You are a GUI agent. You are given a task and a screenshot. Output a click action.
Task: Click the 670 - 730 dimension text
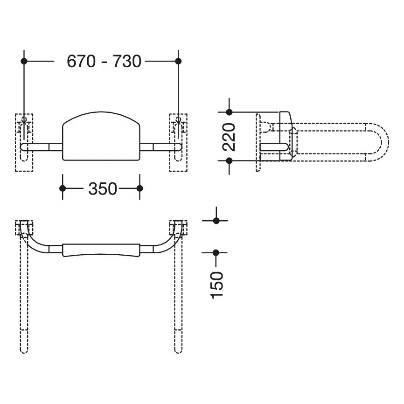pyautogui.click(x=104, y=61)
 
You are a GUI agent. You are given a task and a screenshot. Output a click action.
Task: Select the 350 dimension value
pyautogui.click(x=103, y=188)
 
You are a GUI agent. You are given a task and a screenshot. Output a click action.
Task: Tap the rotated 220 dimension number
pyautogui.click(x=229, y=137)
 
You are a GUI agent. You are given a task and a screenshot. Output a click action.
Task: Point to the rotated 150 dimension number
pyautogui.click(x=216, y=285)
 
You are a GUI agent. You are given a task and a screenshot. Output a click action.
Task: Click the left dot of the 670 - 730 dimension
pyautogui.click(x=24, y=61)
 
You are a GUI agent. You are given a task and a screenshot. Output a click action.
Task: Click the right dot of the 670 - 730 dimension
pyautogui.click(x=178, y=61)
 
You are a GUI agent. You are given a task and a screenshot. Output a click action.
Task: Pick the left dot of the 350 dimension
pyautogui.click(x=63, y=188)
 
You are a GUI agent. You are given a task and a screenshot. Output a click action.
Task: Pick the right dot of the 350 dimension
pyautogui.click(x=139, y=188)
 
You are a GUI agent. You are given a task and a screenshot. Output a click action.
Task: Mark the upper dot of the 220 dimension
pyautogui.click(x=229, y=112)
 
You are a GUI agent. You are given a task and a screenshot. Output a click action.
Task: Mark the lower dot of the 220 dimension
pyautogui.click(x=229, y=161)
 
